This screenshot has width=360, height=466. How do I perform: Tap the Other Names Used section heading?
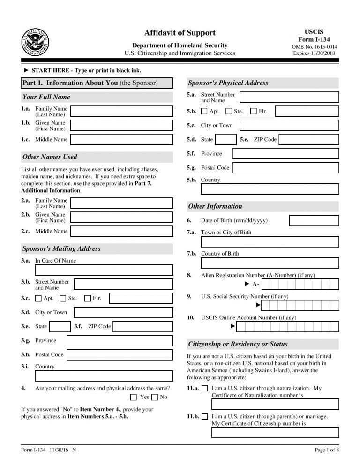tap(50, 157)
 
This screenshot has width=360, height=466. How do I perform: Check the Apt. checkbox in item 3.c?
tap(38, 298)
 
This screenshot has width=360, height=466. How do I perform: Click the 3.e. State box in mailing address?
tap(60, 326)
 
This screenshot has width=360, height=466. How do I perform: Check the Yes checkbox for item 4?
tap(134, 397)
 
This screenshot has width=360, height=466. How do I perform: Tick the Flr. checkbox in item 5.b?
tap(254, 112)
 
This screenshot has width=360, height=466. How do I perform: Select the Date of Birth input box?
tap(314, 220)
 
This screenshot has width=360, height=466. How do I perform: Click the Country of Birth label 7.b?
tap(219, 254)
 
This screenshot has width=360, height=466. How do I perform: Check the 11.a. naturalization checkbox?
tap(204, 389)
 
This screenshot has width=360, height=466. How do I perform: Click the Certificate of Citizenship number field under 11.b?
tap(275, 432)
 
